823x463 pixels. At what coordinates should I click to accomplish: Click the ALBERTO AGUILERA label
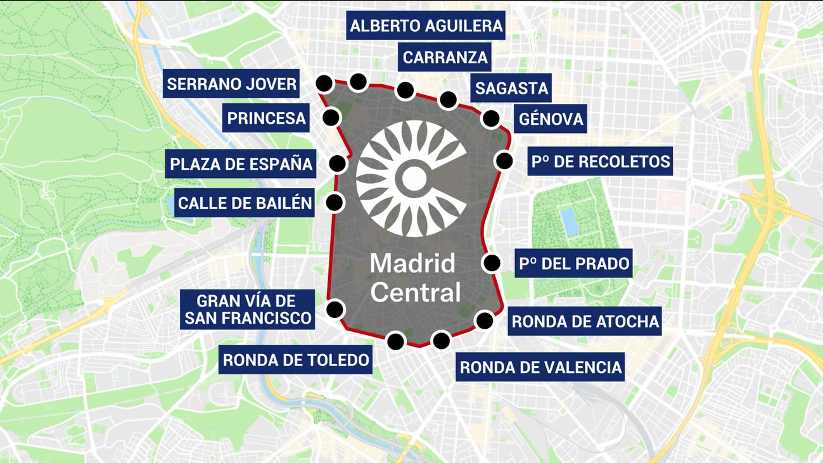(x=426, y=26)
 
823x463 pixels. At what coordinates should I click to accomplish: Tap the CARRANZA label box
(x=445, y=58)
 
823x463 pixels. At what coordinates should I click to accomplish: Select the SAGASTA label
(x=511, y=88)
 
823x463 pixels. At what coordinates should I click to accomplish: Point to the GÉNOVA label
(x=551, y=118)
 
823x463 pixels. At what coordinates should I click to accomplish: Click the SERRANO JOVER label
(x=231, y=84)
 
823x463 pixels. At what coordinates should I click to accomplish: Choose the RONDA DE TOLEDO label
(x=296, y=360)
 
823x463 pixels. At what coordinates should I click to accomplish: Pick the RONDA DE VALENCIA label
(x=540, y=367)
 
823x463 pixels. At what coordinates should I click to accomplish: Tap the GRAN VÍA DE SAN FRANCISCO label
(x=247, y=309)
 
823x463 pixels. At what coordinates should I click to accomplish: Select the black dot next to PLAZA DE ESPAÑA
(x=338, y=163)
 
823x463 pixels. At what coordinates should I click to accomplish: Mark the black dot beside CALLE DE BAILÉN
(x=334, y=203)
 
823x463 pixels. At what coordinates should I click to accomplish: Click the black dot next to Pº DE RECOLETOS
(x=504, y=161)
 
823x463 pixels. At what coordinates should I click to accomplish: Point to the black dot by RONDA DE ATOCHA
(x=485, y=320)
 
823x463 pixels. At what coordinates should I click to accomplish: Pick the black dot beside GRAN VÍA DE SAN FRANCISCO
(x=335, y=309)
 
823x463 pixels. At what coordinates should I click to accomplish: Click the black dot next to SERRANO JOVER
(x=324, y=83)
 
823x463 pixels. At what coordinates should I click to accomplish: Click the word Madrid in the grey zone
(x=412, y=263)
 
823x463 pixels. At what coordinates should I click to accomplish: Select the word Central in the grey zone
(x=416, y=293)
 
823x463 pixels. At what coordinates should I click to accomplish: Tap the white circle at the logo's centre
(x=412, y=179)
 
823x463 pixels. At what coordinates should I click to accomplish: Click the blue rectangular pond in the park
(x=569, y=221)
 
